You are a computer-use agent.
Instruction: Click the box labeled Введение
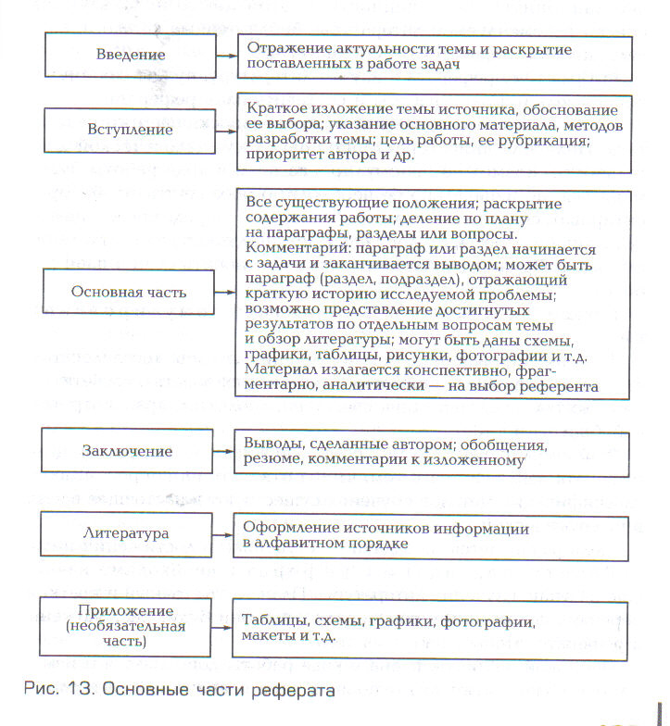131,55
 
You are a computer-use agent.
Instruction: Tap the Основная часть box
129,292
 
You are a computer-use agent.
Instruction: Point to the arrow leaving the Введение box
224,55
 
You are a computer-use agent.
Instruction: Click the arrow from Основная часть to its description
224,292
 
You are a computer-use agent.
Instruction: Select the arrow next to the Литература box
224,535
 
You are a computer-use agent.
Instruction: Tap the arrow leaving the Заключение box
224,451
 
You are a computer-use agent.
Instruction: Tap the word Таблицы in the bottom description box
272,623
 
